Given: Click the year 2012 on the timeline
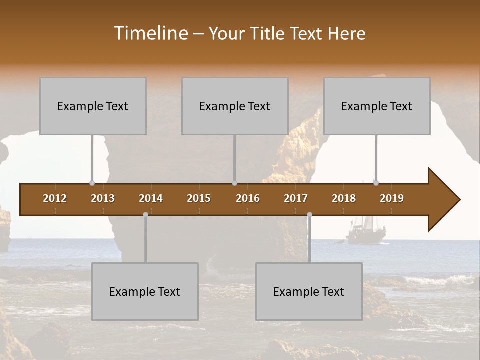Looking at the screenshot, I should pos(55,198).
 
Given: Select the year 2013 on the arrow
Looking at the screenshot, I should pos(103,198).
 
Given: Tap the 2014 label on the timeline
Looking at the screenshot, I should pos(151,198).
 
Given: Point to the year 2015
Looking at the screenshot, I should pos(199,198).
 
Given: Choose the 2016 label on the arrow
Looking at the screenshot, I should pos(248,198).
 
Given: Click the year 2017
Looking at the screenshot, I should pos(296,198).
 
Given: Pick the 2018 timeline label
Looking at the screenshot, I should pos(344,198).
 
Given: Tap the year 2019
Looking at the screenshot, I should pos(392,198).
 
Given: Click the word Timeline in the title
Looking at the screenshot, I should pos(150,33).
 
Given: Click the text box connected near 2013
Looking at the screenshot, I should pos(93,106).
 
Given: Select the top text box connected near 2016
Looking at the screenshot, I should pos(235,106).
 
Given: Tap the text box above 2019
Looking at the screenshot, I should pos(377,106).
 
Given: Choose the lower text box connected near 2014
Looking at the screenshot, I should pos(145,292).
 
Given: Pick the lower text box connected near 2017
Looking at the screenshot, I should pos(309,292).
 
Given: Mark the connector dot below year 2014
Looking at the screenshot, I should pos(145,214).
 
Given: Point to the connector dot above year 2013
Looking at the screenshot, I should pos(92,183).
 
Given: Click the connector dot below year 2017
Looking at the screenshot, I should pos(309,214).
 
